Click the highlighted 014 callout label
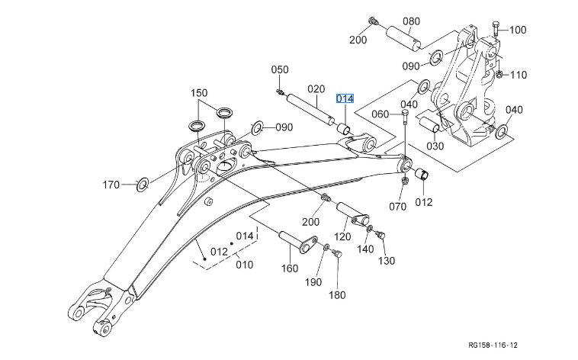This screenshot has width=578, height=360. coord(345,99)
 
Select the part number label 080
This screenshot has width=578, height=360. coord(411,21)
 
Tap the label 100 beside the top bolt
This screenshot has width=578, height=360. coord(518,30)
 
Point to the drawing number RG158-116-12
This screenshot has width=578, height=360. coord(493,346)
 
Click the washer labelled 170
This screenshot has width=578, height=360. coord(143,185)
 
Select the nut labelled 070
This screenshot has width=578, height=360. coord(404,181)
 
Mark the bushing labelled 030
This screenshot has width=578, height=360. coord(430,124)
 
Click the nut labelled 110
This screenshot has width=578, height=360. coord(499,74)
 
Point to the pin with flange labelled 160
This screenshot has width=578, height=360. coord(298,242)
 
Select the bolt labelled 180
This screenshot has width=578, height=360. coord(337,254)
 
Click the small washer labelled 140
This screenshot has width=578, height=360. coord(370,229)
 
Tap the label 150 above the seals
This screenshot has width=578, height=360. coord(199,92)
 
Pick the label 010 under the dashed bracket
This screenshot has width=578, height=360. coord(245,265)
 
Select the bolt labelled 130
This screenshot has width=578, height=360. coord(380,234)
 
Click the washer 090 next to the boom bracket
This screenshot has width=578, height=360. coord(257,128)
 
